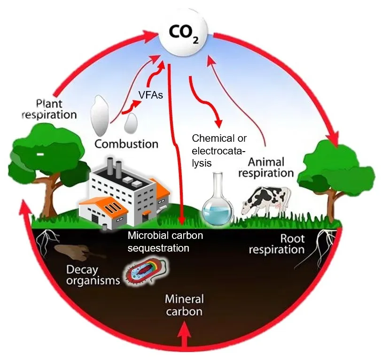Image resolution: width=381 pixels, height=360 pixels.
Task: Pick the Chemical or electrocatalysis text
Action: (x=219, y=151)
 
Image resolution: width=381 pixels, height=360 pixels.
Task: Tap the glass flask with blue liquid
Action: (x=217, y=202)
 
